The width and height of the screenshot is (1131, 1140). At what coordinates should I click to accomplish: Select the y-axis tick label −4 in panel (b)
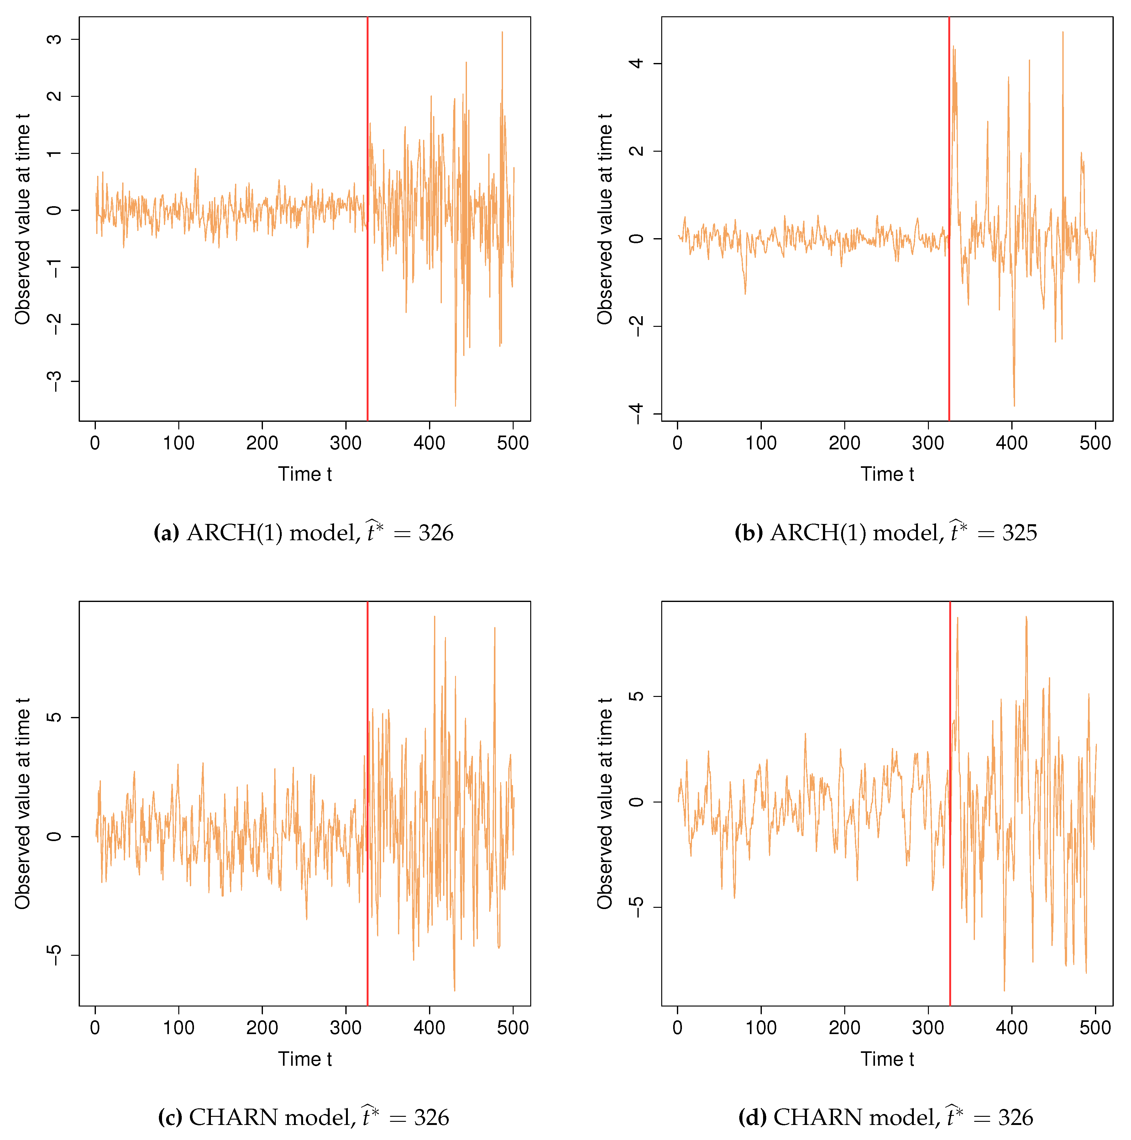click(636, 414)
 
